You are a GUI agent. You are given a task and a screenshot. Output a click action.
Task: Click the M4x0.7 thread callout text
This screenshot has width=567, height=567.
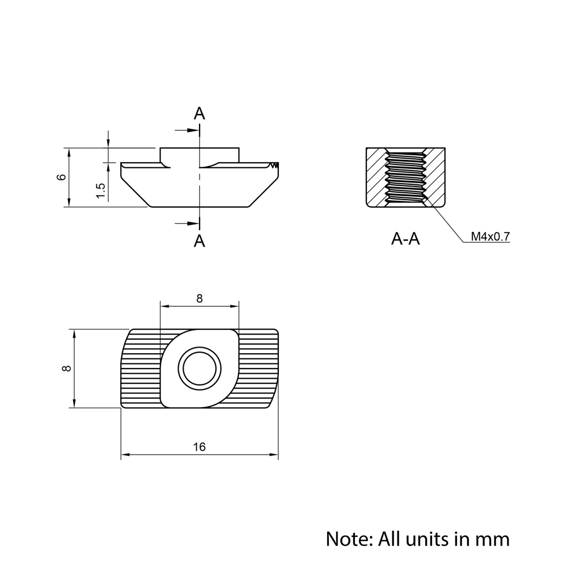(490, 237)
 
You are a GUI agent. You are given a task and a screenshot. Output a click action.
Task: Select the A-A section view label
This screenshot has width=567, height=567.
(405, 239)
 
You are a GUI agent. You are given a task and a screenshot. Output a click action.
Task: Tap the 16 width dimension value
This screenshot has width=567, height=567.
(199, 447)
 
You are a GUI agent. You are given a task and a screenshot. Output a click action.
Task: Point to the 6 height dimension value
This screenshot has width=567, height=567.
(62, 177)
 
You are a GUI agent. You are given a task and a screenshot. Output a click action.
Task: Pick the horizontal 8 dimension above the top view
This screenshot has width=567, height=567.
(200, 299)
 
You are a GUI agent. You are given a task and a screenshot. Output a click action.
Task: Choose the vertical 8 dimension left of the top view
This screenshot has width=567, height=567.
(67, 369)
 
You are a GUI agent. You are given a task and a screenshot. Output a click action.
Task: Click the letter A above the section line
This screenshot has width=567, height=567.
(199, 113)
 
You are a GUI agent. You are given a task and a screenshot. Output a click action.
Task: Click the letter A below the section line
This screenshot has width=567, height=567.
(199, 240)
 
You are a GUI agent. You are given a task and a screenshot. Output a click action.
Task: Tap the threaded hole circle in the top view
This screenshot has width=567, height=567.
(200, 369)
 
